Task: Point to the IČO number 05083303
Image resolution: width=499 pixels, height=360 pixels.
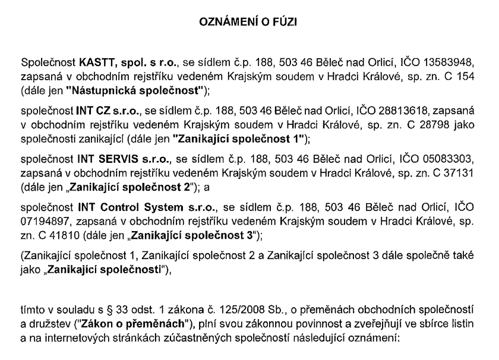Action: (x=456, y=160)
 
